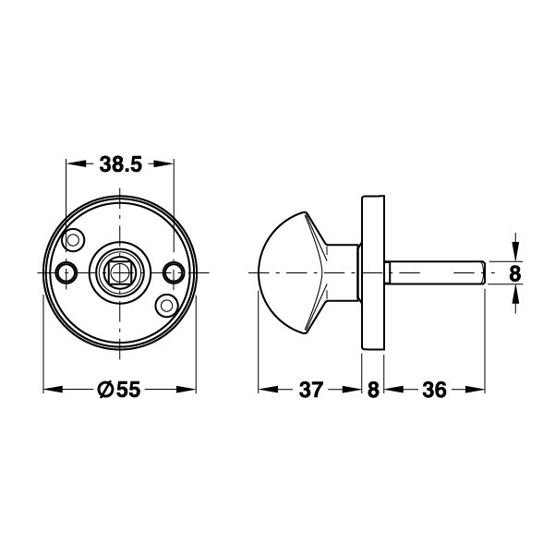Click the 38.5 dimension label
120,164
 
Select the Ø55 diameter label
119,390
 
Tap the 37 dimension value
311,390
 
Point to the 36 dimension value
434,390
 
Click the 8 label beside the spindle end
515,273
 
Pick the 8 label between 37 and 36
373,390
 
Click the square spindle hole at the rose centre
120,272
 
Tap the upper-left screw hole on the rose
73,240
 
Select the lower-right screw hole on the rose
166,305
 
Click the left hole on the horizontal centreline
66,272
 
